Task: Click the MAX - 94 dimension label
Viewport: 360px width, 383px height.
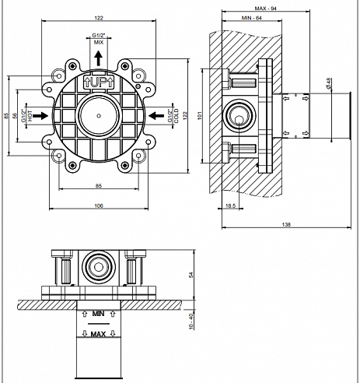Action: [x=265, y=9]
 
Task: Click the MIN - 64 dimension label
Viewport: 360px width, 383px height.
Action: [x=251, y=18]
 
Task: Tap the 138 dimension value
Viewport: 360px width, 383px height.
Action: [x=286, y=224]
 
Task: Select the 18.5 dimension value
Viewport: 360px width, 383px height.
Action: [x=230, y=206]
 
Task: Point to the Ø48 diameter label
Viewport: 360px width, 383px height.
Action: [x=329, y=83]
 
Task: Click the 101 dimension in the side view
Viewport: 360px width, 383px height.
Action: [x=200, y=115]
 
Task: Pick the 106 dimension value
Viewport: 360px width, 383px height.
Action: [x=99, y=206]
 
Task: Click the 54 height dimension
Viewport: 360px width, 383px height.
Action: [x=191, y=274]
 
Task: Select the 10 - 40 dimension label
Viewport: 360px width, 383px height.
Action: [x=191, y=322]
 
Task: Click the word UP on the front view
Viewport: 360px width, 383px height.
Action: [x=99, y=83]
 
